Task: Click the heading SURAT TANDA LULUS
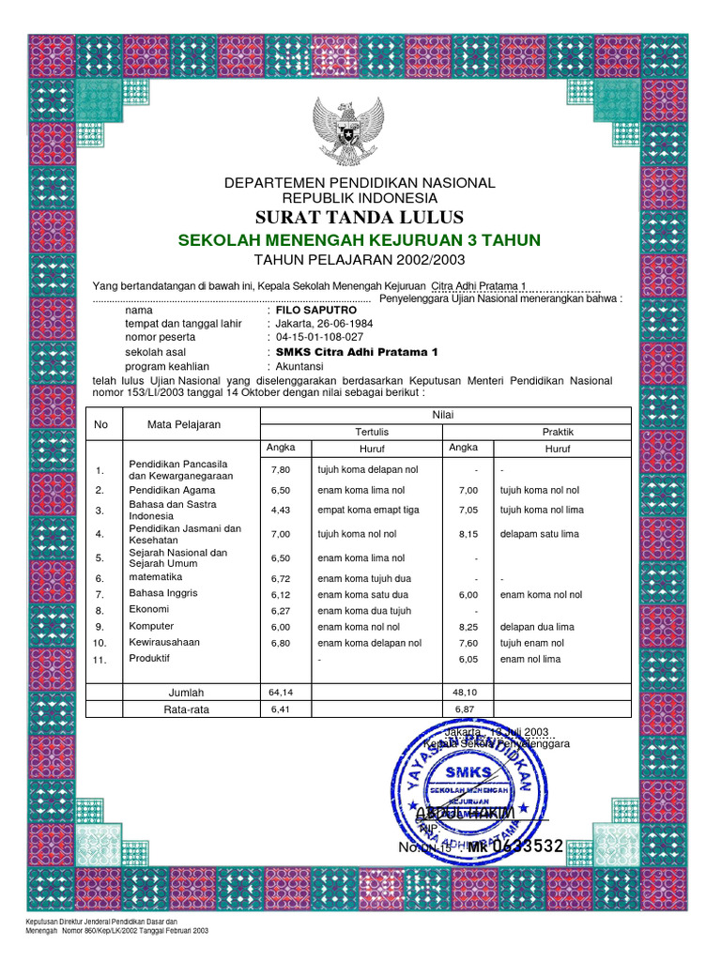point(360,219)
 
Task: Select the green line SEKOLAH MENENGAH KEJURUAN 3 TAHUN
point(360,241)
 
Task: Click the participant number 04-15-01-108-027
point(319,337)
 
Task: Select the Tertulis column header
point(371,432)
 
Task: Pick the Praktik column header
point(559,432)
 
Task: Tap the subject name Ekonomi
point(148,609)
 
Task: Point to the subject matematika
point(156,577)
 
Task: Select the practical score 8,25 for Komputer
point(468,627)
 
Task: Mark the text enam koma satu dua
point(362,595)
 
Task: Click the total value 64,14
point(282,693)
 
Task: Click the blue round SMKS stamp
point(468,780)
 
